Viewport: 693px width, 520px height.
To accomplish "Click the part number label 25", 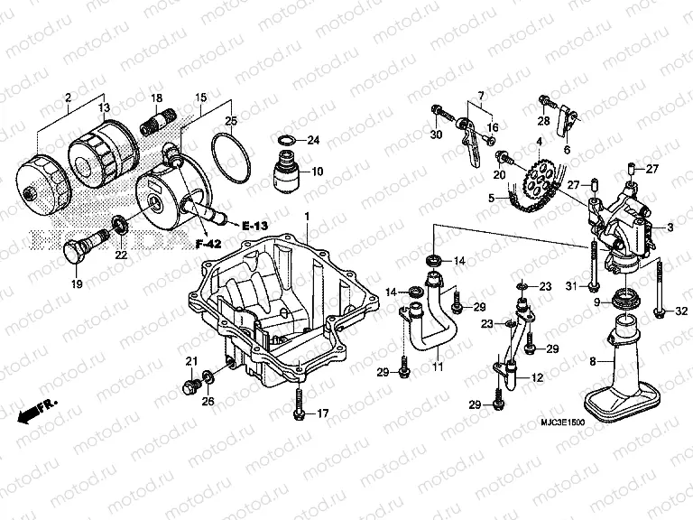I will pos(231,121).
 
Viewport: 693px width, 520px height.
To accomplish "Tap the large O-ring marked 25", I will pos(230,154).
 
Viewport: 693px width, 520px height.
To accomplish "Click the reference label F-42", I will pos(209,243).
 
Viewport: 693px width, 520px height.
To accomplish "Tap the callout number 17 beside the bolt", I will pos(323,414).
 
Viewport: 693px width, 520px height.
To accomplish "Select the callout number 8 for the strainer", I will pos(593,361).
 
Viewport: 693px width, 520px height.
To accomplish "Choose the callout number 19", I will pos(76,285).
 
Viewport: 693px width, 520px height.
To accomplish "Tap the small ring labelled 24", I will pos(284,140).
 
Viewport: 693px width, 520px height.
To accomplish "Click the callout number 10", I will pos(317,171).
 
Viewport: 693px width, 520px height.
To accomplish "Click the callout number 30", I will pos(436,135).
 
